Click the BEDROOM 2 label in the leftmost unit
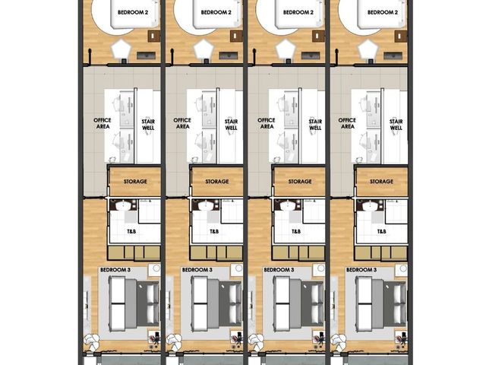(x=133, y=13)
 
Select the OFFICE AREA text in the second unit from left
(x=182, y=123)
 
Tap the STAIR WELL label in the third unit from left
(x=315, y=125)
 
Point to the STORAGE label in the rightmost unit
(x=381, y=181)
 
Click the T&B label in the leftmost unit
(x=131, y=231)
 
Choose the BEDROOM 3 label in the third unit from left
(x=279, y=270)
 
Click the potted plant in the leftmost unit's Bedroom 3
(x=92, y=341)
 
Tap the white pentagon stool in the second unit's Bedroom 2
(x=204, y=49)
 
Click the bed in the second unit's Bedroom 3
(x=216, y=304)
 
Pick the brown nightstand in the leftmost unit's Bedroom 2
(x=154, y=36)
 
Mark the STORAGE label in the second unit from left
(x=217, y=181)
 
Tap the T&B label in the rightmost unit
(x=381, y=231)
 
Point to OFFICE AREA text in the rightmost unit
(x=347, y=123)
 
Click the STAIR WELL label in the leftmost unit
(x=148, y=125)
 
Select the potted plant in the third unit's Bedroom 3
(x=257, y=341)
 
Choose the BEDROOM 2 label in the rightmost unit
(x=383, y=13)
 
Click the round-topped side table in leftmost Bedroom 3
(x=154, y=269)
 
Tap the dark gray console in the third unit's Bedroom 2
(x=311, y=56)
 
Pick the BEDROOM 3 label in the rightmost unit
(x=361, y=270)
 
